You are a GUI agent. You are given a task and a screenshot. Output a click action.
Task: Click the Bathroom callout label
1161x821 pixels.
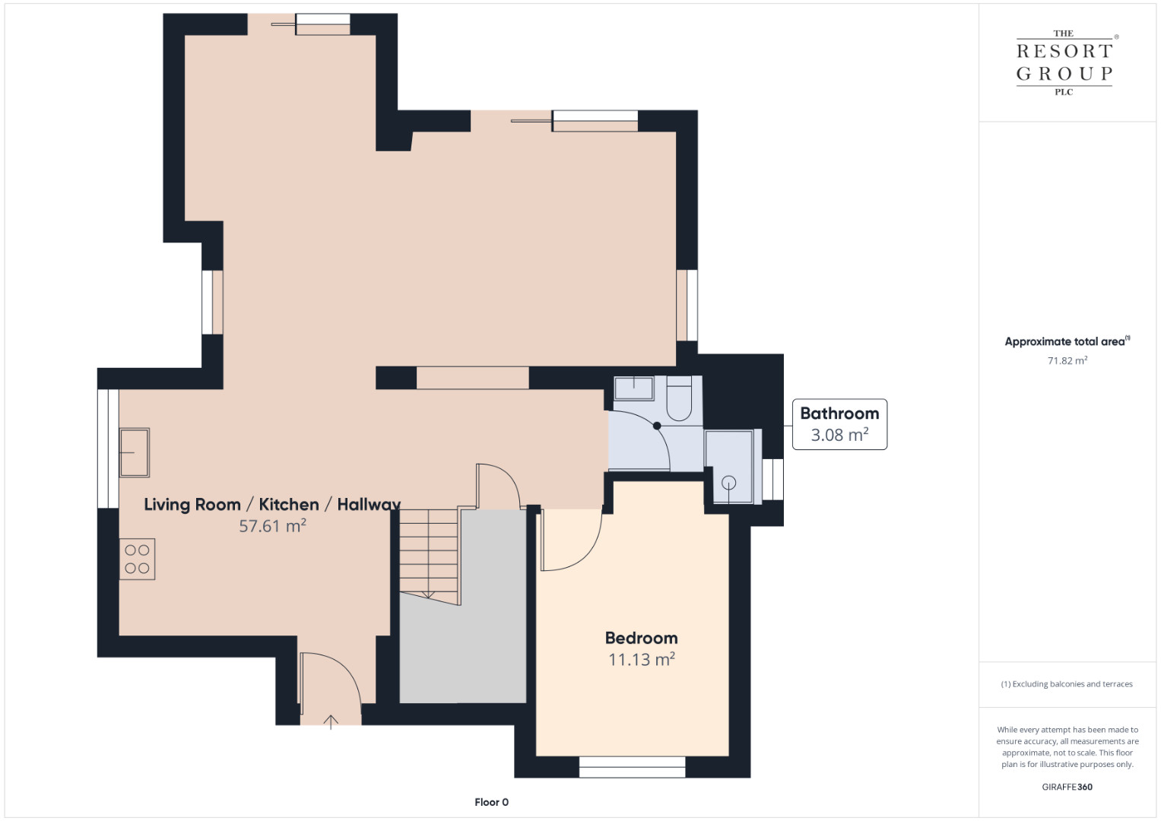pyautogui.click(x=839, y=424)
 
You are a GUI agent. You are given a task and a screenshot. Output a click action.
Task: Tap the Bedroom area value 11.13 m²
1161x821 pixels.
pyautogui.click(x=641, y=659)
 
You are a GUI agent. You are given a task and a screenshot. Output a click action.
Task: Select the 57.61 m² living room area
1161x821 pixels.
pyautogui.click(x=272, y=525)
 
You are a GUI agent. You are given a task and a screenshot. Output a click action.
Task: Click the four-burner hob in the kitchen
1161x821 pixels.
pyautogui.click(x=138, y=559)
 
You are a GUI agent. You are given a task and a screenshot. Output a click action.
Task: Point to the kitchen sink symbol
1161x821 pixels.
pyautogui.click(x=135, y=452)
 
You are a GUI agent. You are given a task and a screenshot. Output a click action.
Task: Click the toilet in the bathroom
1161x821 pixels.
pyautogui.click(x=679, y=398)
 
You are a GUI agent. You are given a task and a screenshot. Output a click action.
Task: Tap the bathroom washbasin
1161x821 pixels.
pyautogui.click(x=633, y=388)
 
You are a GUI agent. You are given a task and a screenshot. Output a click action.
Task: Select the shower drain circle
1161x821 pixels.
pyautogui.click(x=728, y=483)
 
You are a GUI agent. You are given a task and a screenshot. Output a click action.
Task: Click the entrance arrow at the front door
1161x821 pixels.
pyautogui.click(x=331, y=722)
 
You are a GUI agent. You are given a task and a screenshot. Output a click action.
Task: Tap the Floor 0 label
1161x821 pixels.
pyautogui.click(x=491, y=802)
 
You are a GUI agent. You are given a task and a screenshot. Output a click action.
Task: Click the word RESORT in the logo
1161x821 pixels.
pyautogui.click(x=1064, y=51)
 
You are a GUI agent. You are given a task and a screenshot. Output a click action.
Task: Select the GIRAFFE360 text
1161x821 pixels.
pyautogui.click(x=1067, y=787)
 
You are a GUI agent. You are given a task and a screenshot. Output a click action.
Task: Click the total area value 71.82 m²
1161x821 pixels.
pyautogui.click(x=1067, y=360)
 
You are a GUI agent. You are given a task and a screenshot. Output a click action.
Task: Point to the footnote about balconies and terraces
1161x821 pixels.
pyautogui.click(x=1067, y=683)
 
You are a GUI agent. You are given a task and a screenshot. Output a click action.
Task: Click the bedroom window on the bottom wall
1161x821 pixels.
pyautogui.click(x=632, y=767)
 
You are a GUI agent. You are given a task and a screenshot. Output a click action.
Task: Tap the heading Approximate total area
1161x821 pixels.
pyautogui.click(x=1067, y=341)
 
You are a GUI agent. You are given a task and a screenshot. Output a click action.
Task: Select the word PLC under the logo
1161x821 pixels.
pyautogui.click(x=1064, y=92)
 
